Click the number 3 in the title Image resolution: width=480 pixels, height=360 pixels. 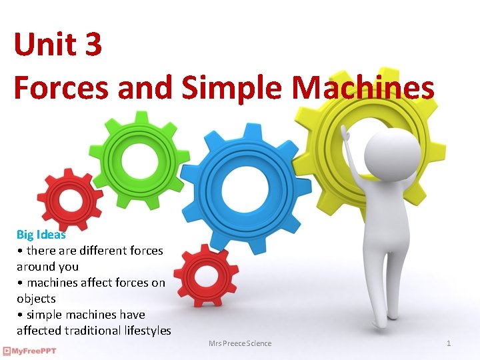93,45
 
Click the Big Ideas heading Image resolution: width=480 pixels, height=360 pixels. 41,235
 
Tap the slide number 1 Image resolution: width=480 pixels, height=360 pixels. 449,343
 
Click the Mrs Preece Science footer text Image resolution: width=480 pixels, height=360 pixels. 240,343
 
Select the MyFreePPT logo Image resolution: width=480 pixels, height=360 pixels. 29,351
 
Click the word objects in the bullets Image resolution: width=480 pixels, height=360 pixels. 36,299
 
